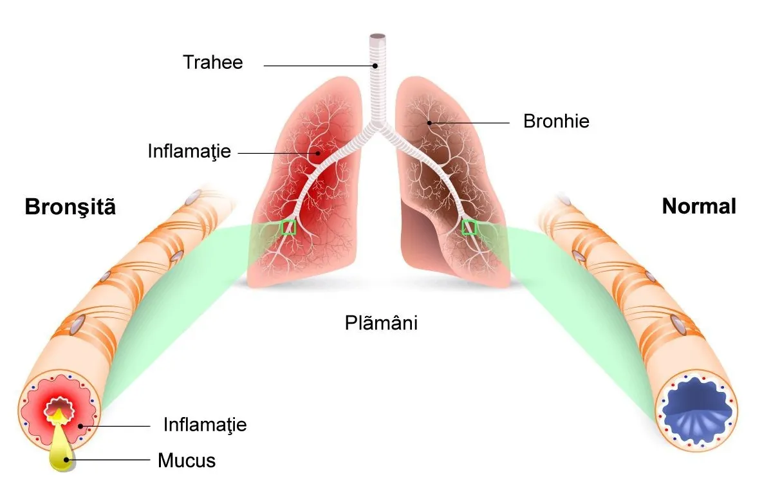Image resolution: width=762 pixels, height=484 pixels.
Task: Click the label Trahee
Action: [213, 62]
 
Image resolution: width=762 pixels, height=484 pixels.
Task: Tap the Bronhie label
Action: [556, 121]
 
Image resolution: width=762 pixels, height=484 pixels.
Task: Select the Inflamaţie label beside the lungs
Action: [189, 151]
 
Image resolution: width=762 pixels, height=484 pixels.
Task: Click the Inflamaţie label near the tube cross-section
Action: [205, 425]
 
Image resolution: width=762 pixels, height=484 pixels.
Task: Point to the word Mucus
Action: [187, 461]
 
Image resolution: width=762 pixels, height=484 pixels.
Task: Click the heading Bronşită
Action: [70, 207]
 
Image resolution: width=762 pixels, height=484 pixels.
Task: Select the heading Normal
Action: [699, 206]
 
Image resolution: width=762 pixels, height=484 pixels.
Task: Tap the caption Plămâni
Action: [381, 322]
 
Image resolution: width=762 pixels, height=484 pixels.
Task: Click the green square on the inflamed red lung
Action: [289, 227]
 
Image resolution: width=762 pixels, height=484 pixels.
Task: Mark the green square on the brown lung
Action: [469, 227]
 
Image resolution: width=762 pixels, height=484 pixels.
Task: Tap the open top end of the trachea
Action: [378, 37]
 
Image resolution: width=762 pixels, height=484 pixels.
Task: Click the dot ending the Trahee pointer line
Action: [375, 66]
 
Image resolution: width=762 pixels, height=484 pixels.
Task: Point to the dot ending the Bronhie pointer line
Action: [429, 123]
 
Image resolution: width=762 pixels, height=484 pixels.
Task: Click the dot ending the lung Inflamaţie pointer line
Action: [318, 153]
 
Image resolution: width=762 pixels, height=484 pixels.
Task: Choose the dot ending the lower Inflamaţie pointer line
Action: [80, 426]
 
